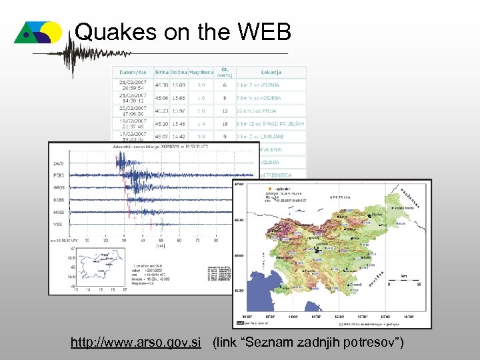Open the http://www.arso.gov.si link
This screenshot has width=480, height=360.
click(136, 343)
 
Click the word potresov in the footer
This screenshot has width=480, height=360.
click(364, 343)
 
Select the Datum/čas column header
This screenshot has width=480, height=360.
click(134, 72)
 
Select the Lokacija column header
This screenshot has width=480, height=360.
click(271, 72)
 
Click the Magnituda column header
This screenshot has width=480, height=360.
click(201, 72)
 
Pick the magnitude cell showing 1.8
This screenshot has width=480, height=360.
click(201, 111)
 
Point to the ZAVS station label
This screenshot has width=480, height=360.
click(59, 163)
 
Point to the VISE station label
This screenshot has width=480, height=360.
click(59, 224)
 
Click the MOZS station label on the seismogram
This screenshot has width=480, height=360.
click(59, 212)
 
